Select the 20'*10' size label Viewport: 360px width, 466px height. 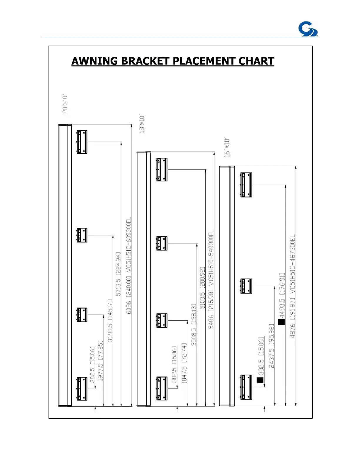[x=65, y=104]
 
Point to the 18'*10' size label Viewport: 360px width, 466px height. [x=142, y=124]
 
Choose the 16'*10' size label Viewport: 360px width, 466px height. [x=227, y=147]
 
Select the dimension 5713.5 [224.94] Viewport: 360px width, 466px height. [x=118, y=274]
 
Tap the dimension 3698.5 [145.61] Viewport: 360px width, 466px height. [x=110, y=320]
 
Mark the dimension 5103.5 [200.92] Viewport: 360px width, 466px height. [x=202, y=288]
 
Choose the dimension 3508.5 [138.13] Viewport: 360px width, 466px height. [x=194, y=324]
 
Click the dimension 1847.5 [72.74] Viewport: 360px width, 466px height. [x=184, y=363]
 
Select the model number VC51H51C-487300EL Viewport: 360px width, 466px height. [x=293, y=263]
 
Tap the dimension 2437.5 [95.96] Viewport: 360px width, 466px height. [x=272, y=346]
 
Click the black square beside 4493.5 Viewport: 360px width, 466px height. [x=281, y=322]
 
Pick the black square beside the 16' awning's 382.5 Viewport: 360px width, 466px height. [x=260, y=380]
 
